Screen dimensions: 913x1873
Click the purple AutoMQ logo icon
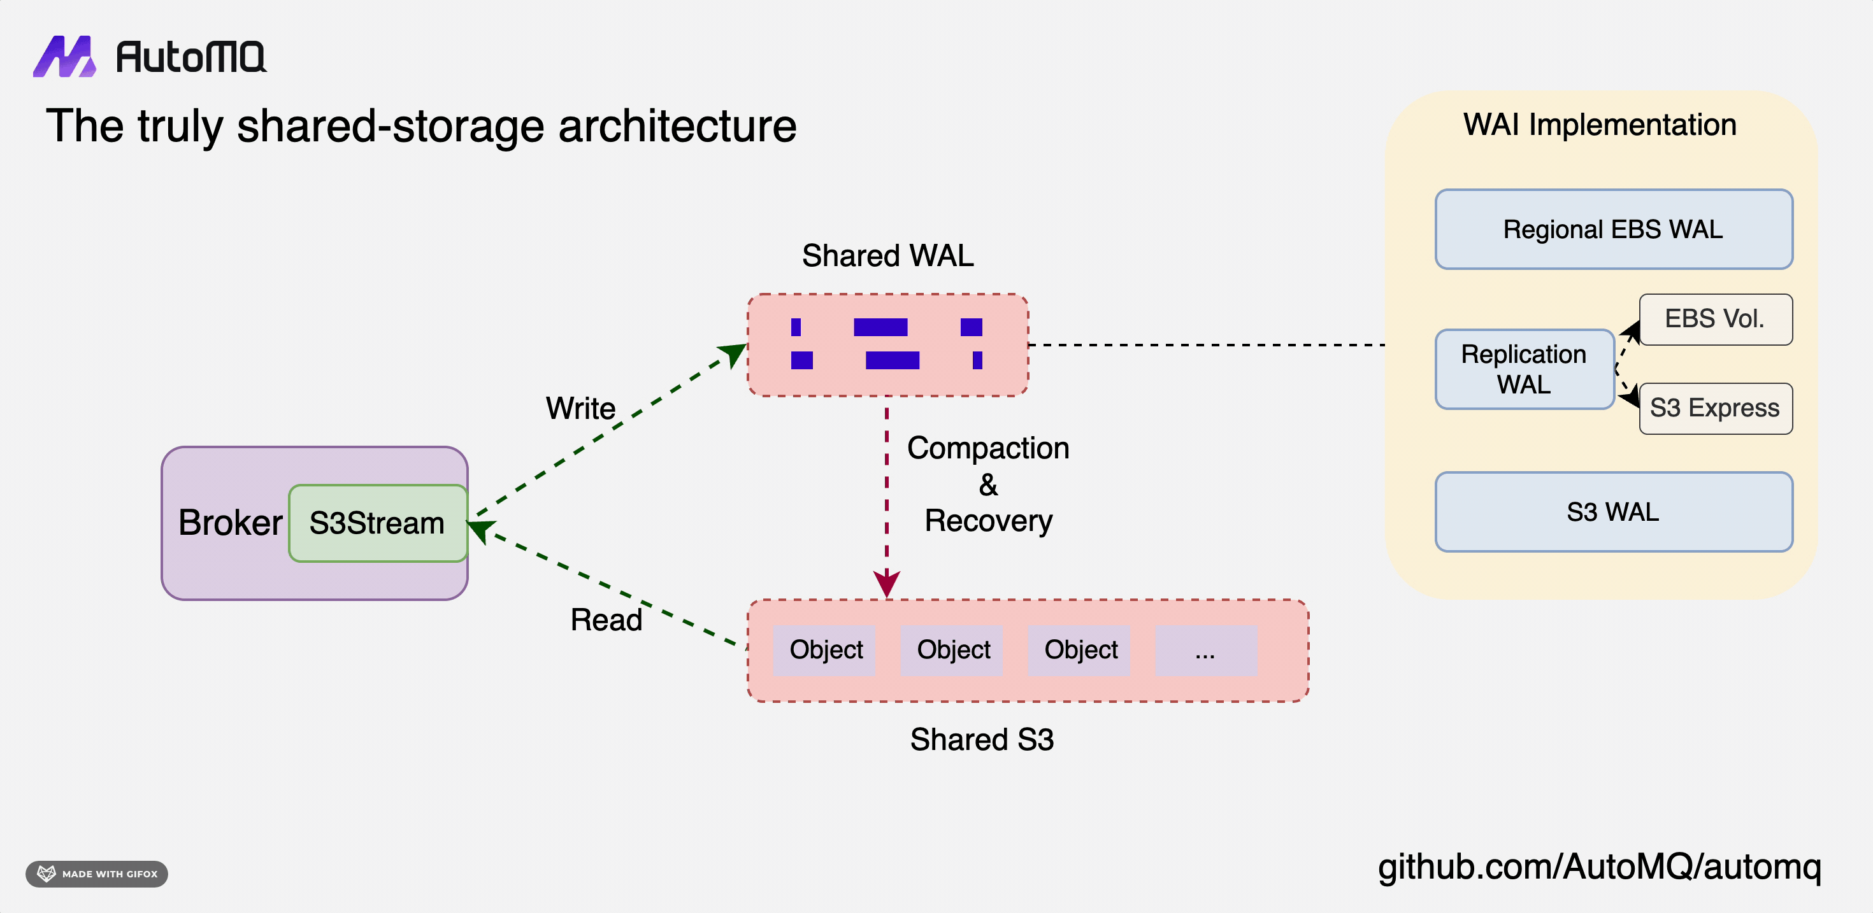pos(64,57)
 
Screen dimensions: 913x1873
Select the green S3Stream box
pos(377,523)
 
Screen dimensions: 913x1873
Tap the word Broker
pos(230,523)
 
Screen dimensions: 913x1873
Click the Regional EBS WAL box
pos(1612,230)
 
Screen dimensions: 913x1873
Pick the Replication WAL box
pos(1524,369)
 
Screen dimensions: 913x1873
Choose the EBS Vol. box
pos(1714,319)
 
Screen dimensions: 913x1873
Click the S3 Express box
pos(1714,409)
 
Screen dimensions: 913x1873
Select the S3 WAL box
pos(1612,513)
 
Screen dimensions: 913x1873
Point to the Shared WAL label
pos(887,256)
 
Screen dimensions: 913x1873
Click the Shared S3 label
pos(982,740)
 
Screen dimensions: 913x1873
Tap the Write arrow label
pos(580,409)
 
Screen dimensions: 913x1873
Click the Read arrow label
pos(606,620)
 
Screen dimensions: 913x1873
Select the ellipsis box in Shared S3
pos(1205,651)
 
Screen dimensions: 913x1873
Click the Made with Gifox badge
pos(97,874)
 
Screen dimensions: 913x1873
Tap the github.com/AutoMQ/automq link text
pos(1599,867)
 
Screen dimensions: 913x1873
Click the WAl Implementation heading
pos(1600,125)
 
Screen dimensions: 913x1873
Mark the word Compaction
pos(988,448)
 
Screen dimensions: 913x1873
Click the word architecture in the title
pos(677,127)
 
